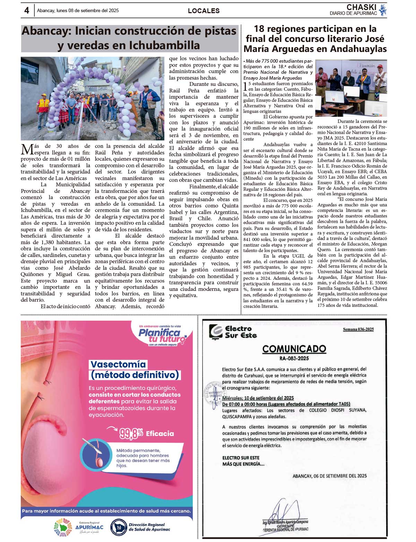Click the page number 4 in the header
[x=27, y=10]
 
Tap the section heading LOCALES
[x=203, y=11]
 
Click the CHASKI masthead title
[x=361, y=7]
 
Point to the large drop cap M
[x=27, y=150]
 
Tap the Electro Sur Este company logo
[x=216, y=331]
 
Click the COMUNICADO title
[x=294, y=349]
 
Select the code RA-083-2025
[x=294, y=358]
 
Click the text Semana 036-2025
[x=358, y=329]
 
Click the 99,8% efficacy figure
[x=131, y=433]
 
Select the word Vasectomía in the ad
[x=118, y=364]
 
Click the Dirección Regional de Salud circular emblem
[x=118, y=527]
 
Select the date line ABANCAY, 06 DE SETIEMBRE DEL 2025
[x=329, y=476]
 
